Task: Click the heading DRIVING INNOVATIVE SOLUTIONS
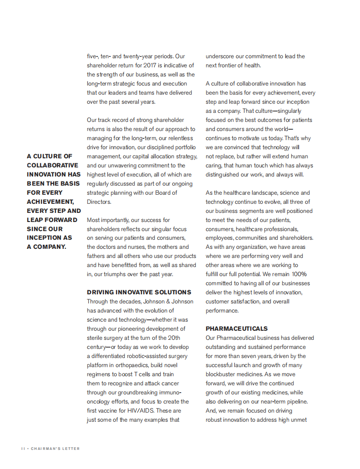(x=139, y=292)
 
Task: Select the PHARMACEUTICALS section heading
(x=236, y=328)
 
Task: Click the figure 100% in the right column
(x=299, y=274)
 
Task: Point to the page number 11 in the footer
(x=23, y=449)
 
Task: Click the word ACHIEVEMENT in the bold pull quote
(x=50, y=202)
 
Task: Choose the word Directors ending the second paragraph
(x=98, y=202)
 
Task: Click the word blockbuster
(x=221, y=374)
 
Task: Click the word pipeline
(x=296, y=401)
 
